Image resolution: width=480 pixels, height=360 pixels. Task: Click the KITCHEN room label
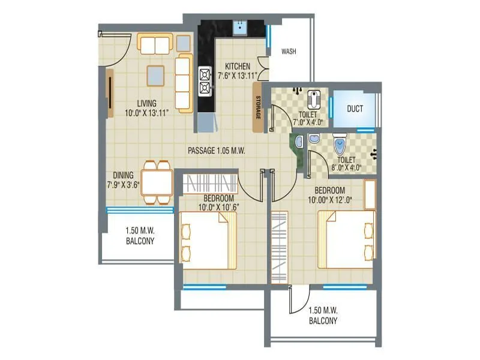pos(238,66)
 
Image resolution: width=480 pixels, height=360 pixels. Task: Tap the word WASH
pos(289,52)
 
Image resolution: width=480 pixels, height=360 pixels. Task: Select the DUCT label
pos(355,109)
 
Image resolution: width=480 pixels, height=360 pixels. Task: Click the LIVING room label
pos(146,103)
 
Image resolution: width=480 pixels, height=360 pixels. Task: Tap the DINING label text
pos(123,175)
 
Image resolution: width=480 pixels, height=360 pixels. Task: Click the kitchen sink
pos(239,26)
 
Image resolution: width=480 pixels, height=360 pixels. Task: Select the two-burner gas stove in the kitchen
pos(205,81)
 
